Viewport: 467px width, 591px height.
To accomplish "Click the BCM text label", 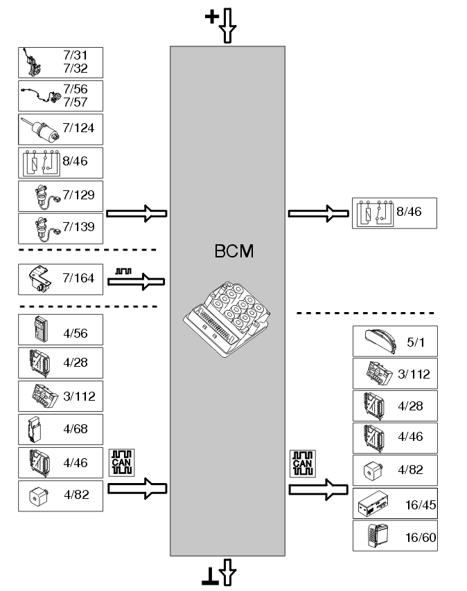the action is click(234, 251).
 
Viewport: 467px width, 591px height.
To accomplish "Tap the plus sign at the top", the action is click(211, 17).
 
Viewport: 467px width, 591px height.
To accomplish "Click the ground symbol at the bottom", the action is click(210, 576).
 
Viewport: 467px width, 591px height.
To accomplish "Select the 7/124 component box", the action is click(61, 129).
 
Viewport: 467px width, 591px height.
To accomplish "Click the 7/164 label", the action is click(78, 278).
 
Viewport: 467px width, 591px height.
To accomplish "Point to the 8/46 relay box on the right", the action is click(394, 213).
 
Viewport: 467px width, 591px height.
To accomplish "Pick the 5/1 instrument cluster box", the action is click(396, 341).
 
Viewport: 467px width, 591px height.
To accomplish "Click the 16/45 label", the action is click(421, 504).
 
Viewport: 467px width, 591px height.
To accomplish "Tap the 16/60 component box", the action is click(396, 536).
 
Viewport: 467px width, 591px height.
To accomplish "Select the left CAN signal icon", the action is click(121, 462).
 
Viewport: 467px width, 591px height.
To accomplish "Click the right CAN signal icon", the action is click(303, 464).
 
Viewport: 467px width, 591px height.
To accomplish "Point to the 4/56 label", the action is click(76, 333).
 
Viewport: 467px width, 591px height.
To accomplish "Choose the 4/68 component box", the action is click(61, 429).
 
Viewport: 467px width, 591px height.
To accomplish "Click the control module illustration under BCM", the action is click(227, 319).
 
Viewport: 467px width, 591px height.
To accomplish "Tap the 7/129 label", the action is click(78, 195).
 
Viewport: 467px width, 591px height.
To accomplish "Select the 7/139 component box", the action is click(61, 229).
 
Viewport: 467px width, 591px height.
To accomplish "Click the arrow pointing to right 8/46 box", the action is click(318, 214).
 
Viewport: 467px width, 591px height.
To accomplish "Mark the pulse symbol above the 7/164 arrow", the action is click(123, 271).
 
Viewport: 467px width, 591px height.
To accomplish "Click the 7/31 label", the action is click(76, 55).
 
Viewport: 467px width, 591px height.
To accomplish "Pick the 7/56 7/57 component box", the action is click(61, 96).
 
